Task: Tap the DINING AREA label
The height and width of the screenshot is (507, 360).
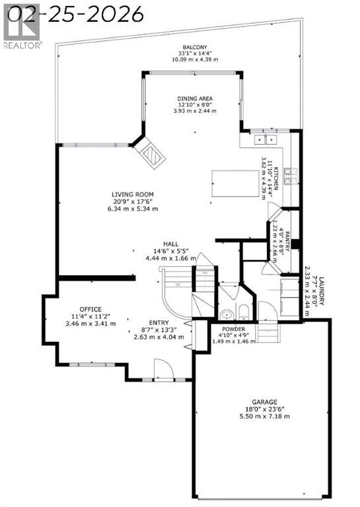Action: [x=195, y=98]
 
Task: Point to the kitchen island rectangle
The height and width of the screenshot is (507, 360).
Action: [x=234, y=183]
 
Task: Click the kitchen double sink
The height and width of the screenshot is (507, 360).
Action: [x=264, y=139]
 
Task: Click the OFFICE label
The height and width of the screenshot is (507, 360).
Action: [x=90, y=309]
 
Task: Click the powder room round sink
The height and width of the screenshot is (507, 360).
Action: [x=226, y=314]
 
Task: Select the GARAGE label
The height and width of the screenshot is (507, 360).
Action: [x=263, y=402]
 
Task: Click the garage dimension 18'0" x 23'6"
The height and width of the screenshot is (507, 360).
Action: [x=263, y=409]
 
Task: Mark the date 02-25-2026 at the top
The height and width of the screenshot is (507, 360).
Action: [x=73, y=13]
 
